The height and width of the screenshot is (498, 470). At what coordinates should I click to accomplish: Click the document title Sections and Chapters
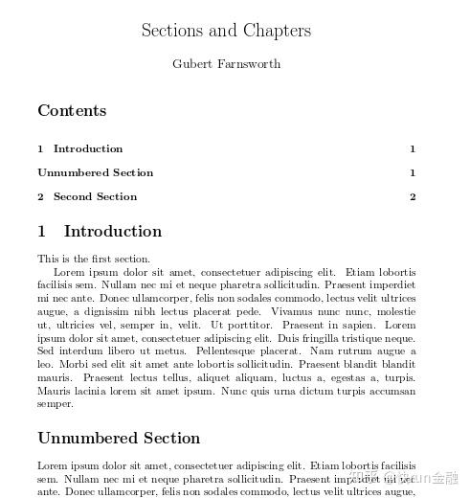pyautogui.click(x=226, y=30)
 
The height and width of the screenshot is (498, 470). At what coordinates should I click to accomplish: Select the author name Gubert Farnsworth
pyautogui.click(x=226, y=64)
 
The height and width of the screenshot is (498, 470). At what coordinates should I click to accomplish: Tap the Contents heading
pyautogui.click(x=72, y=110)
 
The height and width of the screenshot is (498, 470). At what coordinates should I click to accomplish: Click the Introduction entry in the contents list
pyautogui.click(x=88, y=148)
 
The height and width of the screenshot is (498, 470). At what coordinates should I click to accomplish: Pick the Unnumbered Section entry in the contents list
pyautogui.click(x=95, y=172)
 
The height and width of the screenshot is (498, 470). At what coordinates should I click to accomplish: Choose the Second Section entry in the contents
pyautogui.click(x=95, y=196)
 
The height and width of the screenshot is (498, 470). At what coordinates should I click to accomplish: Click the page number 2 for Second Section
pyautogui.click(x=413, y=196)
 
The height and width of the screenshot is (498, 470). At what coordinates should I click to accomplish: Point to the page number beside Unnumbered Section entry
pyautogui.click(x=413, y=172)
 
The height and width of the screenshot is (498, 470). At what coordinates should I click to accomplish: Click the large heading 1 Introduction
pyautogui.click(x=100, y=231)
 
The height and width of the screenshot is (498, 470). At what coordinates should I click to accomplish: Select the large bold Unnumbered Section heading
pyautogui.click(x=119, y=438)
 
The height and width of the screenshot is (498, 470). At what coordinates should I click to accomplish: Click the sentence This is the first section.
pyautogui.click(x=94, y=259)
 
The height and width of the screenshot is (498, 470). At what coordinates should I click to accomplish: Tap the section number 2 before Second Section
pyautogui.click(x=41, y=196)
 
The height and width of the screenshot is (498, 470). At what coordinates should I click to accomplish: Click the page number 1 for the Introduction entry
pyautogui.click(x=413, y=148)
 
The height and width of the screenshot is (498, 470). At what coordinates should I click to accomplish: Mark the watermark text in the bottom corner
pyautogui.click(x=421, y=476)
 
